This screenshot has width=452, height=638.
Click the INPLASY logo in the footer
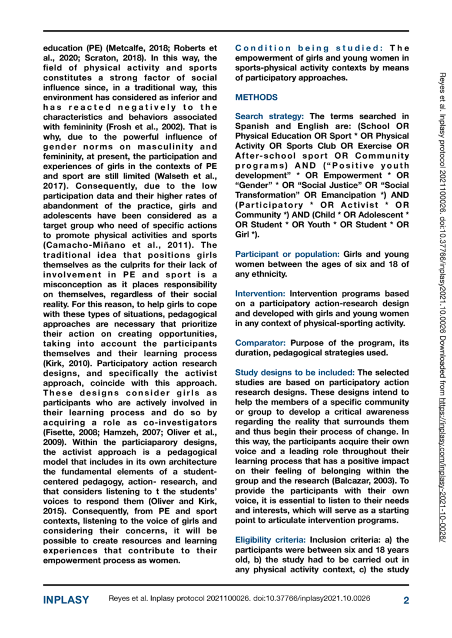(66, 600)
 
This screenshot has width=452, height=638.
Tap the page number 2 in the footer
(406, 600)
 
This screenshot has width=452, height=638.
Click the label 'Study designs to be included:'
(295, 371)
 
